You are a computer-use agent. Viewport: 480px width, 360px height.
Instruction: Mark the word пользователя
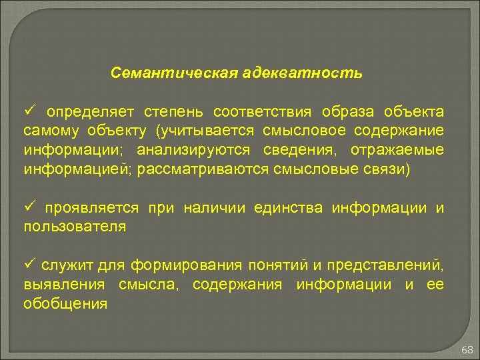coord(75,227)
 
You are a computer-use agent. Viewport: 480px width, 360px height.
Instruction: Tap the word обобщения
coord(65,304)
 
